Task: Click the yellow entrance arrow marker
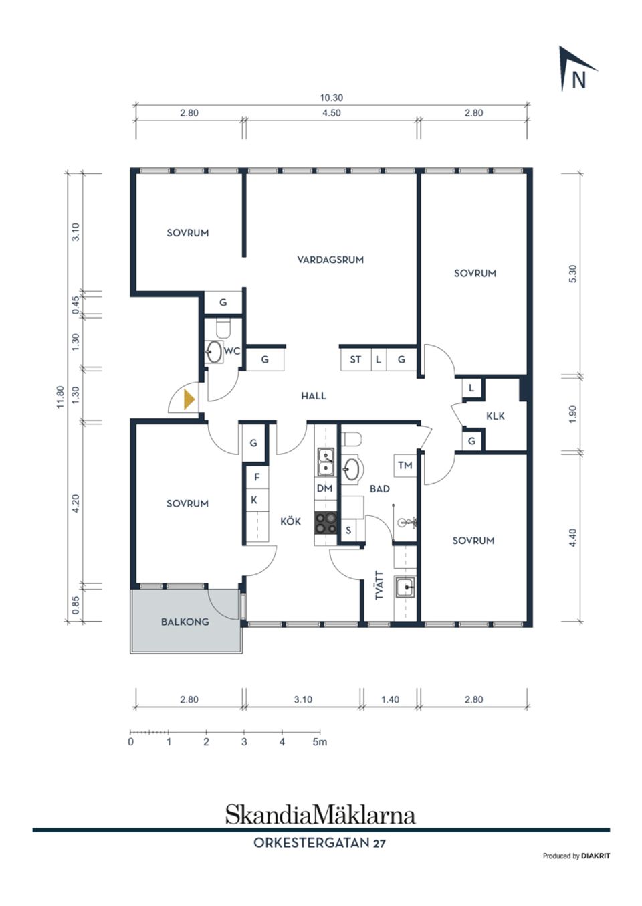tap(189, 399)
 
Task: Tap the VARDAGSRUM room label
tap(330, 260)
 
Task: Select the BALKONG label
tap(185, 622)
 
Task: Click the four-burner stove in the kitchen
tap(326, 523)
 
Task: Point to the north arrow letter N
tap(578, 80)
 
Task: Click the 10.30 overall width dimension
tap(331, 98)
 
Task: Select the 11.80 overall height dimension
tap(60, 397)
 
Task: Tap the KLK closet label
tap(496, 416)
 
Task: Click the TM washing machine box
tap(405, 466)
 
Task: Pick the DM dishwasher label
tap(324, 488)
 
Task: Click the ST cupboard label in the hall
tap(355, 359)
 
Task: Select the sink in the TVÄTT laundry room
tap(405, 587)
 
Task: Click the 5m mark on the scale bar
tap(320, 742)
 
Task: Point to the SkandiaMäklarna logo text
tap(320, 814)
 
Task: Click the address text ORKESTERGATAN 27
tap(320, 843)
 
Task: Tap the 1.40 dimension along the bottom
tap(390, 699)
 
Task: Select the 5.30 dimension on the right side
tap(573, 274)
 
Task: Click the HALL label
tap(314, 396)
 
